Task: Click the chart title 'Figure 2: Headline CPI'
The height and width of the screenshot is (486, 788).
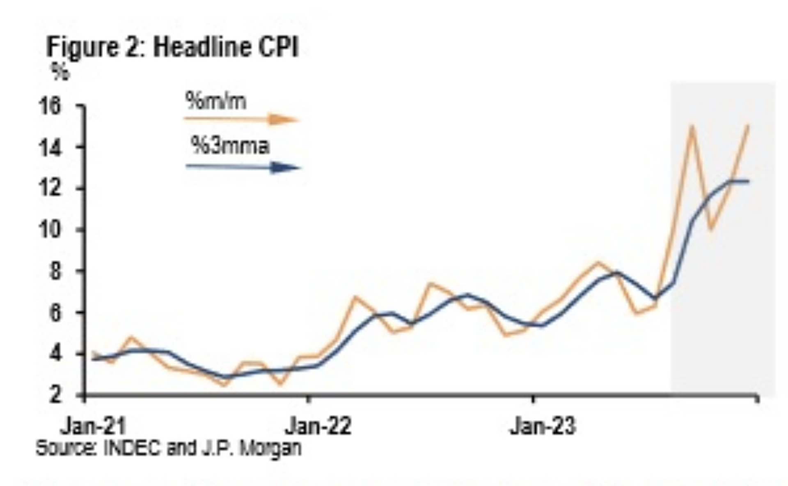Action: point(172,48)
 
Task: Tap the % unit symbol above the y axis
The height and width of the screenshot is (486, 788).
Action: point(60,73)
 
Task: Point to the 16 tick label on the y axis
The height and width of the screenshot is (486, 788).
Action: point(50,106)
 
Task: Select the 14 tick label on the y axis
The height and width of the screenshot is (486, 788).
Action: point(50,147)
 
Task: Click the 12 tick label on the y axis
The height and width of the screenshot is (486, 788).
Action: point(50,189)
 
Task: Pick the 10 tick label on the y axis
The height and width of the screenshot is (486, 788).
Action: point(50,230)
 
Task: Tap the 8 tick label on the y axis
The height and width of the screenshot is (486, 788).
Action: point(55,271)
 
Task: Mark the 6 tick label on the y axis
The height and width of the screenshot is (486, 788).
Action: point(55,313)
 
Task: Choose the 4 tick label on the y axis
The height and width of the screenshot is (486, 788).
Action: point(55,354)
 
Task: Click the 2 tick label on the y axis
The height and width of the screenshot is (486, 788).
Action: point(55,395)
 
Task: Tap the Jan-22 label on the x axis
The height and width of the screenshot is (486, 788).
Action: point(318,426)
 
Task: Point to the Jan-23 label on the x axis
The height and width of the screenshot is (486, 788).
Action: point(543,426)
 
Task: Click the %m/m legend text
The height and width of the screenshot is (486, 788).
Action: point(216,101)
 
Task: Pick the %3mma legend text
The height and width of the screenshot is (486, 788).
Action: point(230,146)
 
